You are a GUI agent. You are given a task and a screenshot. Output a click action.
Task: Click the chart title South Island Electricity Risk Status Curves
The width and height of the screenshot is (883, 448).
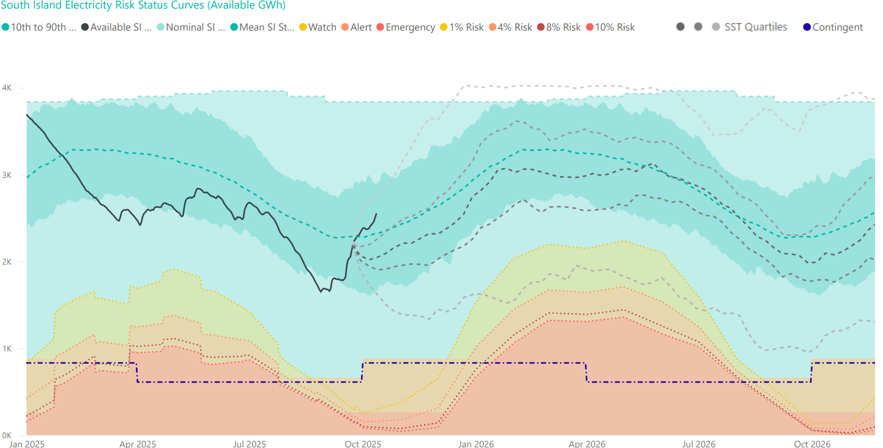pyautogui.click(x=144, y=6)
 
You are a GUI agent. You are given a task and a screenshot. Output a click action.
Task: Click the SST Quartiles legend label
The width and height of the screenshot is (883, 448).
pyautogui.click(x=756, y=28)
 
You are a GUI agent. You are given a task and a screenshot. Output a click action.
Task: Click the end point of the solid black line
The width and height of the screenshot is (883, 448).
pyautogui.click(x=376, y=214)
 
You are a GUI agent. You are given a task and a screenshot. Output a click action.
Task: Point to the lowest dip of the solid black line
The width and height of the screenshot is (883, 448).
pyautogui.click(x=321, y=292)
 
